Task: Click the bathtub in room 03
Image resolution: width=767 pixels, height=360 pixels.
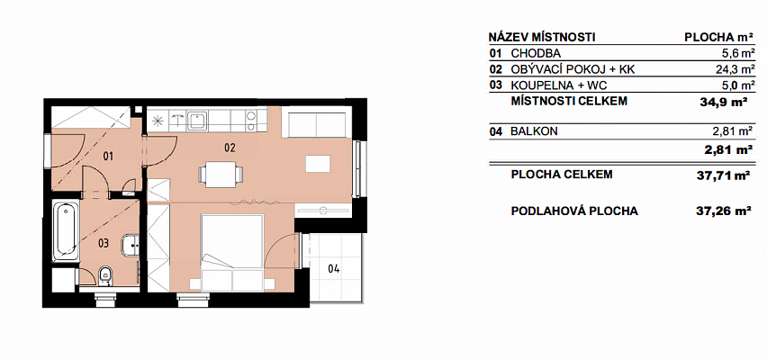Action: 66,231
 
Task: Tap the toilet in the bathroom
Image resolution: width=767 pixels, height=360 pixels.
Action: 104,276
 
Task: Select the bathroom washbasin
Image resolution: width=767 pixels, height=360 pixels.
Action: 131,246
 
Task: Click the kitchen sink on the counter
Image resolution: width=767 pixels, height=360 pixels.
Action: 196,121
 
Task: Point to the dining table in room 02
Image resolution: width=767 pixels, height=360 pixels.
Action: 221,174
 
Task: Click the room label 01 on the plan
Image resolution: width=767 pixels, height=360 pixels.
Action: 108,157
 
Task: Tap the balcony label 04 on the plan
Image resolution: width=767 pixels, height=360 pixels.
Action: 334,268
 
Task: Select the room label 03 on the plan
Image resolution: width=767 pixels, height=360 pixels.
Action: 103,243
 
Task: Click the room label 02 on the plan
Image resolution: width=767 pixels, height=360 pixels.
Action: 230,148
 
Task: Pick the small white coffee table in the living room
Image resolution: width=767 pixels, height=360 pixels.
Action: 318,164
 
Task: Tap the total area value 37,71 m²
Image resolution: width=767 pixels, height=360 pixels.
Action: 724,175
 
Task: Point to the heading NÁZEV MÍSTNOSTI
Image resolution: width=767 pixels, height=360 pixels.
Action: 542,37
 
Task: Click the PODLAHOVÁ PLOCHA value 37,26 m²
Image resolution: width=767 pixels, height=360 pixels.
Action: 724,211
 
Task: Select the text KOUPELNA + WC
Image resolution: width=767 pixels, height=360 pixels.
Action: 559,85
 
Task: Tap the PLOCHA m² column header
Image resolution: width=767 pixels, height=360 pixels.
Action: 718,37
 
